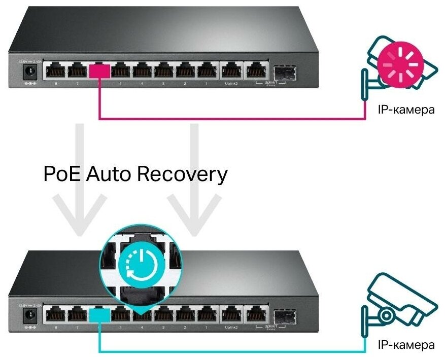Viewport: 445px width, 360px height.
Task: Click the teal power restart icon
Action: point(139,264)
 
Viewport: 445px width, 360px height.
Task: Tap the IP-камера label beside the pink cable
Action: point(406,110)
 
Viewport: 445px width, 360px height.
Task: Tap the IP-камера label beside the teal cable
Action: point(406,345)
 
